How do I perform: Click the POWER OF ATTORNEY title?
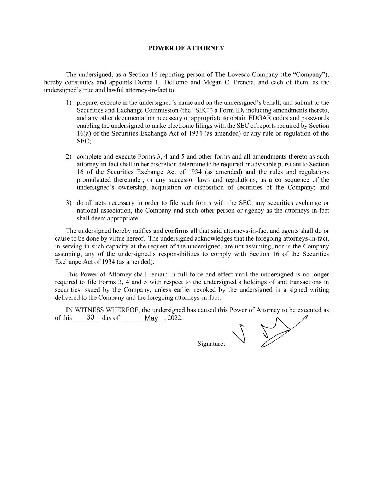click(186, 48)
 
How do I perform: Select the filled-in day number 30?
click(90, 317)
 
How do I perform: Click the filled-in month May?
click(151, 318)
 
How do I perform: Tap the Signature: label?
click(211, 344)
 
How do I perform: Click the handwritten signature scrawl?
click(272, 333)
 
